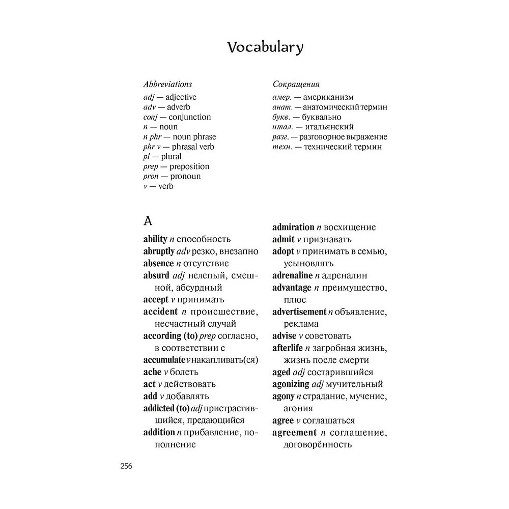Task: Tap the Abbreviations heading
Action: [x=167, y=84]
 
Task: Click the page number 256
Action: [x=126, y=466]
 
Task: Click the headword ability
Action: [x=155, y=239]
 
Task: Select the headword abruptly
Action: [x=159, y=251]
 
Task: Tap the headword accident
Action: [x=160, y=312]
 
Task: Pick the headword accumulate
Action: [x=160, y=360]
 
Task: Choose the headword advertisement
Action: [x=299, y=312]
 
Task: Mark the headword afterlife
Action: [x=287, y=348]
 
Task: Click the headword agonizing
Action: [x=291, y=384]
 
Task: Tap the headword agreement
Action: [x=294, y=433]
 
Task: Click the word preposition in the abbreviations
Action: [x=189, y=166]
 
